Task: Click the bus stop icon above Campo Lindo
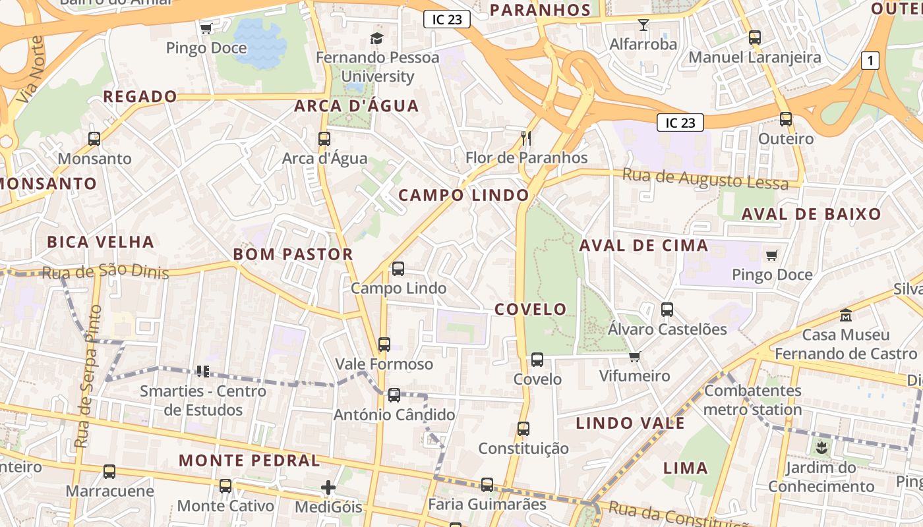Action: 398,269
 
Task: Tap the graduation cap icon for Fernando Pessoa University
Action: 377,38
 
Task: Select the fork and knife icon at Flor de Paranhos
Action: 526,138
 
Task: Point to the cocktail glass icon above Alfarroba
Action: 643,25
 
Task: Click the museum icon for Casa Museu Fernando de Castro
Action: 846,315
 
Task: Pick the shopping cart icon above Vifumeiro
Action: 634,356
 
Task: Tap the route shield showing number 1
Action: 870,61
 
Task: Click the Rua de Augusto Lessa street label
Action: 705,179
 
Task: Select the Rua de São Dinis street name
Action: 105,272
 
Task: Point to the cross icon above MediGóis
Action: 328,487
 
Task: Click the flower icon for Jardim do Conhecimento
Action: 821,449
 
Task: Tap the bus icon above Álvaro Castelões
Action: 667,310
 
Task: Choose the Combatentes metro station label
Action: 752,400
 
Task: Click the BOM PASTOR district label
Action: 293,254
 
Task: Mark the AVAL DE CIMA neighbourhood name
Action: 643,246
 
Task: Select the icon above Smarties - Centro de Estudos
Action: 202,372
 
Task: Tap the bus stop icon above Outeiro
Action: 786,119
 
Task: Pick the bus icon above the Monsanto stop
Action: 94,139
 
